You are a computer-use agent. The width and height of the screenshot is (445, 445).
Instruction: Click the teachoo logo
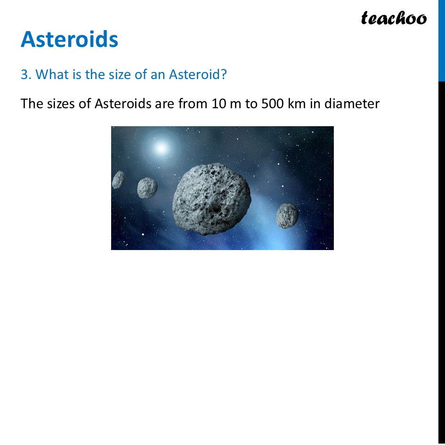point(394,18)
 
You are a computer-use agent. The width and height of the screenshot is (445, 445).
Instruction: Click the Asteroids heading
point(70,39)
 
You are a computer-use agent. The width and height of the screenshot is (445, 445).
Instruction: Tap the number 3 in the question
point(24,74)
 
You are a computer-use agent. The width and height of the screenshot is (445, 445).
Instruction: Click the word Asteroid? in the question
point(198,74)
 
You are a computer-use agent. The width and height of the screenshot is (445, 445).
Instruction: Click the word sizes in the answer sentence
point(62,104)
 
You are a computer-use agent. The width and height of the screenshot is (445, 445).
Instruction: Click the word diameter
point(352,104)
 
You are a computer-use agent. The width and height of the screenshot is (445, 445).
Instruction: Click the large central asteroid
point(211,199)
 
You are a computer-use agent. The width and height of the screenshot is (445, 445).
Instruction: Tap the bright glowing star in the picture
point(161,148)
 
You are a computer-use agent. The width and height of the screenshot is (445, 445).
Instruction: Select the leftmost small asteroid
point(118,180)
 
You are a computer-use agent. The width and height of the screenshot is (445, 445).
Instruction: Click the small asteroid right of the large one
point(287,216)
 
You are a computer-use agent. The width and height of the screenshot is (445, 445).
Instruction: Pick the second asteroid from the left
point(147,187)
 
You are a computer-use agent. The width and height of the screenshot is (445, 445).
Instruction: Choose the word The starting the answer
point(32,104)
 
